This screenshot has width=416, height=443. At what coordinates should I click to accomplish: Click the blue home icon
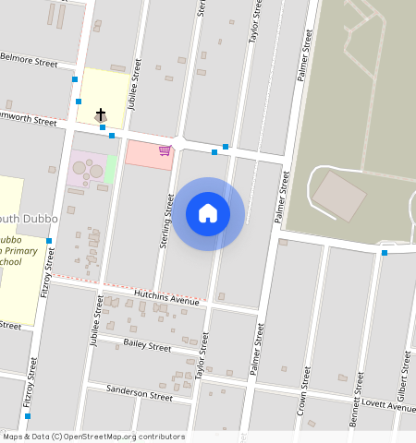[208, 213]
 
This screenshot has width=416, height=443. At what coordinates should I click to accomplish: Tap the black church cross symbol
[100, 114]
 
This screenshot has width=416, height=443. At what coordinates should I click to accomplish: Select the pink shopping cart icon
[165, 150]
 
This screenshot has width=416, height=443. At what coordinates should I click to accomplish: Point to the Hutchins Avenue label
[166, 296]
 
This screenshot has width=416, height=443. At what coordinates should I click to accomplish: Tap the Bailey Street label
[147, 347]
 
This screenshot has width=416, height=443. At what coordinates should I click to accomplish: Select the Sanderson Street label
[140, 394]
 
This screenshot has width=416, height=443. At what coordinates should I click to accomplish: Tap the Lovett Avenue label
[388, 407]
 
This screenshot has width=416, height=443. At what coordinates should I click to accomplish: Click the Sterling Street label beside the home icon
[169, 218]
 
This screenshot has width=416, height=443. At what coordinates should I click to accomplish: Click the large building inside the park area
[338, 196]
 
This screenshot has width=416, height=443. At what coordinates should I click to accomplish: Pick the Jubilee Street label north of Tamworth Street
[135, 84]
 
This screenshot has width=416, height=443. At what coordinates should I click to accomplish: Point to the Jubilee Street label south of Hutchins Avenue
[95, 321]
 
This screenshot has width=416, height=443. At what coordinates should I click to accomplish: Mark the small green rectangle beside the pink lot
[111, 169]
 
